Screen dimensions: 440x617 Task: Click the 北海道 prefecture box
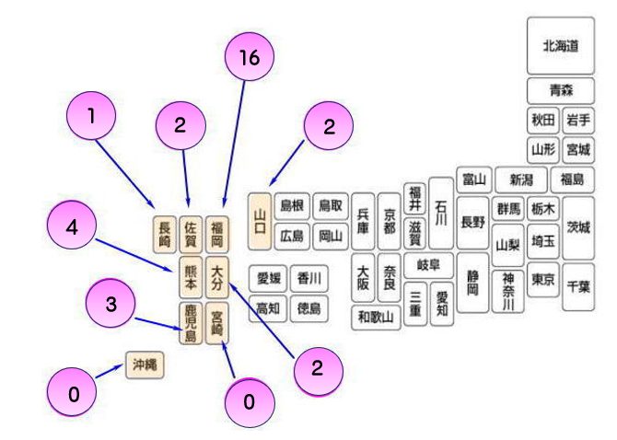560,44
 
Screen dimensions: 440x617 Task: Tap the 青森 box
560,90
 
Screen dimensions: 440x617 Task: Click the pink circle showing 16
249,57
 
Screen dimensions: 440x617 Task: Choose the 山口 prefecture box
260,222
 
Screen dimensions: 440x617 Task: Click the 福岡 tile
217,234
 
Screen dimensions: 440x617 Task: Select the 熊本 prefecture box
191,276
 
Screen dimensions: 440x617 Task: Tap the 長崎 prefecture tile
164,234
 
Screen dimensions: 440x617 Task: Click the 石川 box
441,211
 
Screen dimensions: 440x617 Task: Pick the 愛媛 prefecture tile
269,277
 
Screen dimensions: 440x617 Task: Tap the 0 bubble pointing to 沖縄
75,395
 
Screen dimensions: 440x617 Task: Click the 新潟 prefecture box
520,179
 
